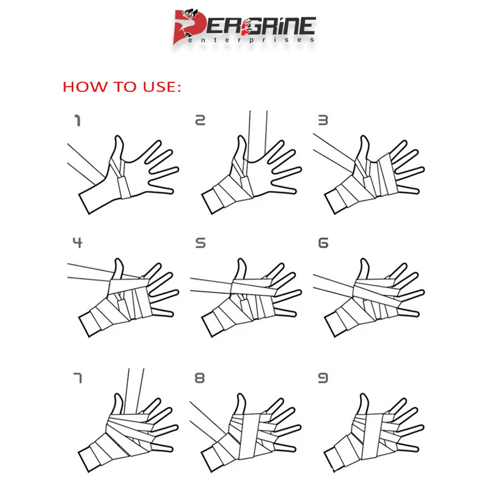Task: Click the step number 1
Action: pos(78,120)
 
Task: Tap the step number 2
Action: pos(200,120)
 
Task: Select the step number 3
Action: pos(323,120)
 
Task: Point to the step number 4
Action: pos(78,242)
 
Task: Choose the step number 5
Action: pos(200,243)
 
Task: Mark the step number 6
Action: pos(323,243)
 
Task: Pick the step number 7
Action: pos(78,378)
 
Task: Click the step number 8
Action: pos(200,378)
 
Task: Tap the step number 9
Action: pos(323,378)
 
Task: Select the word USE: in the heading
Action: pos(162,87)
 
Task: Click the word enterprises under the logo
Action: pos(251,40)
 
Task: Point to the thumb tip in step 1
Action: pos(118,137)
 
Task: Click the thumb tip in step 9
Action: pos(363,395)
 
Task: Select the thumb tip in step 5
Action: pos(241,260)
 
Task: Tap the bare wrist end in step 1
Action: pos(84,204)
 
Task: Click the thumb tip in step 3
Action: pos(364,137)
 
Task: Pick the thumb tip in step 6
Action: pos(364,260)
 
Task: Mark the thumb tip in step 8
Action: pos(241,395)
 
